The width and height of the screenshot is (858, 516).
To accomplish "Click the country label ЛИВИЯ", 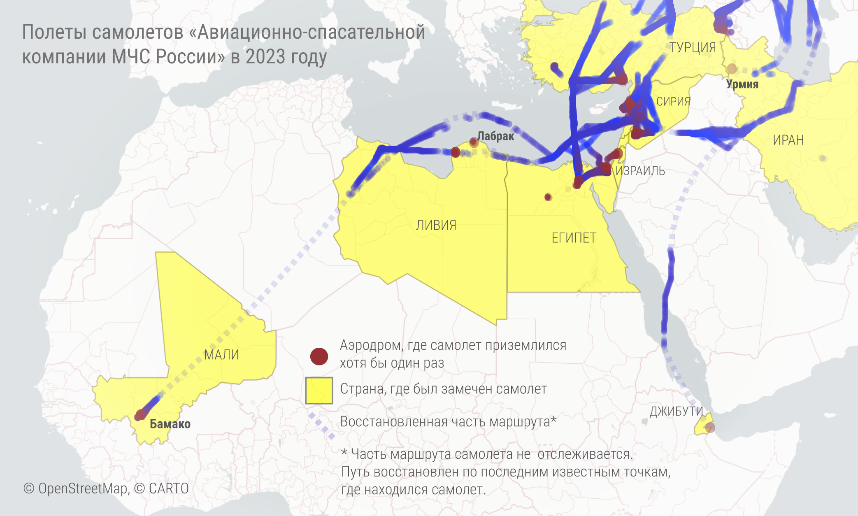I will (436, 225).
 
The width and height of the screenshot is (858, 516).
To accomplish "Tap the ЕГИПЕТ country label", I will (574, 238).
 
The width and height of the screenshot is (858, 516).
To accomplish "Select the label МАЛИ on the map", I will (221, 355).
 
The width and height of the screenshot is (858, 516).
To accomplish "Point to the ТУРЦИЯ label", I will (693, 48).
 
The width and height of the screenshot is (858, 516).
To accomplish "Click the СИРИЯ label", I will (673, 102).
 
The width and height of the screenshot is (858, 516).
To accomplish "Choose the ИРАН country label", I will (788, 140).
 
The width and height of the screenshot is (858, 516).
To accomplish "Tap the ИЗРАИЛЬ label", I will (640, 171).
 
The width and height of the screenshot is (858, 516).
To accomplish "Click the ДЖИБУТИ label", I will (676, 411).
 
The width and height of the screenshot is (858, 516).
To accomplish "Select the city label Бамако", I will (170, 424).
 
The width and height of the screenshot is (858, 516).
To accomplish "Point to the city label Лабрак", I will (495, 136).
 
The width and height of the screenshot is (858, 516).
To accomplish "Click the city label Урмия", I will (742, 84).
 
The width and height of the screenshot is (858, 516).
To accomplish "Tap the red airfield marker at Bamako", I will (140, 415).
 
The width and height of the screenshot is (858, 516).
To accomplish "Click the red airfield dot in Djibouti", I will (710, 428).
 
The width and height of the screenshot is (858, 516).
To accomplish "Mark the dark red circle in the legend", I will (319, 356).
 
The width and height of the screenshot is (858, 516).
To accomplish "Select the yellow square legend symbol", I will (319, 390).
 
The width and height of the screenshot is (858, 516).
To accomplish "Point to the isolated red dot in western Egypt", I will (548, 197).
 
